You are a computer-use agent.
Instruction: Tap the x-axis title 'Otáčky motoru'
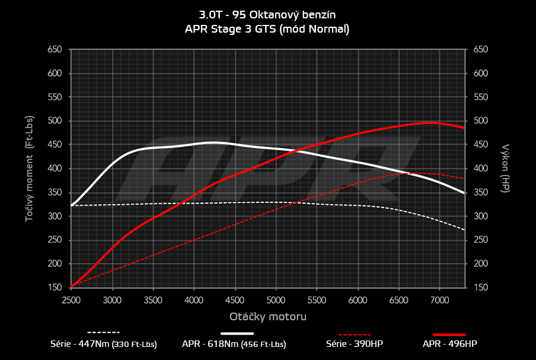[268, 317]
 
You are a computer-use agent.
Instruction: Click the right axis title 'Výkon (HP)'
[506, 168]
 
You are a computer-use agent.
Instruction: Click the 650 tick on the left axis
[55, 50]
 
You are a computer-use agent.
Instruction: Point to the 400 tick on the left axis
[55, 168]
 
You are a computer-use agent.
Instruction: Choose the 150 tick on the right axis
[481, 288]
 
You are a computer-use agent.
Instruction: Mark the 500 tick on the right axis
[481, 121]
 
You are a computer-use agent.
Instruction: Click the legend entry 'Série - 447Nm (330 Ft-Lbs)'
[104, 343]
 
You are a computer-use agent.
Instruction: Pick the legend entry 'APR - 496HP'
[449, 343]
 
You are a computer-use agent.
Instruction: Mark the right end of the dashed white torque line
[464, 230]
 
